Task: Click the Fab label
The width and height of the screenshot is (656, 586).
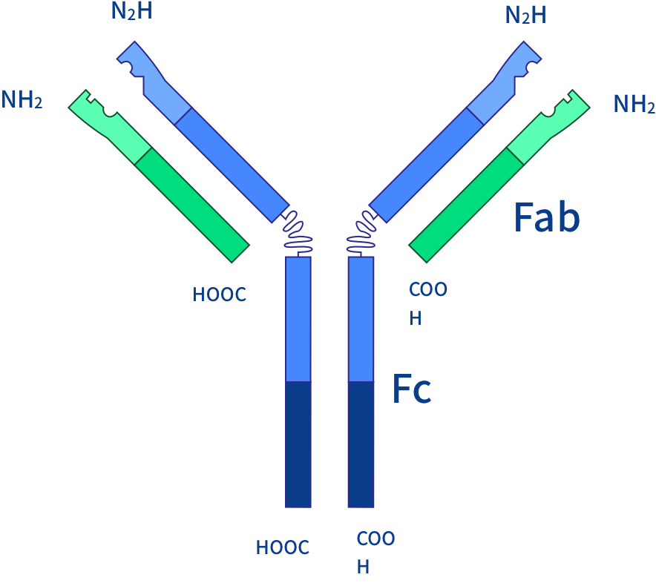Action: click(547, 217)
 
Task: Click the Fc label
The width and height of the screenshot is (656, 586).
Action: click(412, 389)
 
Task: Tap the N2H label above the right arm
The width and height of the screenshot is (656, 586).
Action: click(525, 15)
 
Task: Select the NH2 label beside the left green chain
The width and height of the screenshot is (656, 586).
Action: click(22, 99)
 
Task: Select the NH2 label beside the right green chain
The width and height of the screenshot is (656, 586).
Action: click(634, 104)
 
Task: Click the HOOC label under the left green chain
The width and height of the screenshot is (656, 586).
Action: click(219, 294)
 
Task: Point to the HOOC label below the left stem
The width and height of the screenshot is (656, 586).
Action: click(283, 547)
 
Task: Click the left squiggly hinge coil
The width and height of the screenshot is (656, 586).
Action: click(297, 231)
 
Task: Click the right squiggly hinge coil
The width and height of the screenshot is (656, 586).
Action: click(362, 231)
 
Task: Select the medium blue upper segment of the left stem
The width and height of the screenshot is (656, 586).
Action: click(298, 319)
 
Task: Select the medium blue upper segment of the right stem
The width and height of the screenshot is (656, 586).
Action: click(361, 319)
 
